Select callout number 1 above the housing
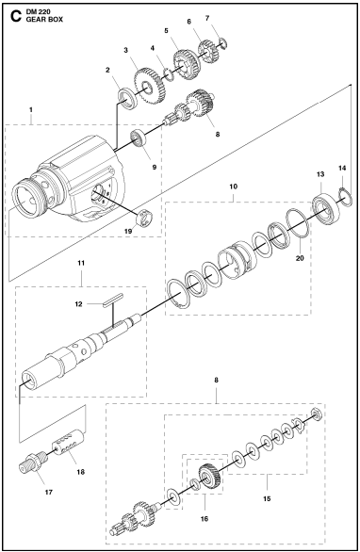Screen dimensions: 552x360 click(x=31, y=109)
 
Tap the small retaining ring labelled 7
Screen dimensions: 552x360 click(x=224, y=42)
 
